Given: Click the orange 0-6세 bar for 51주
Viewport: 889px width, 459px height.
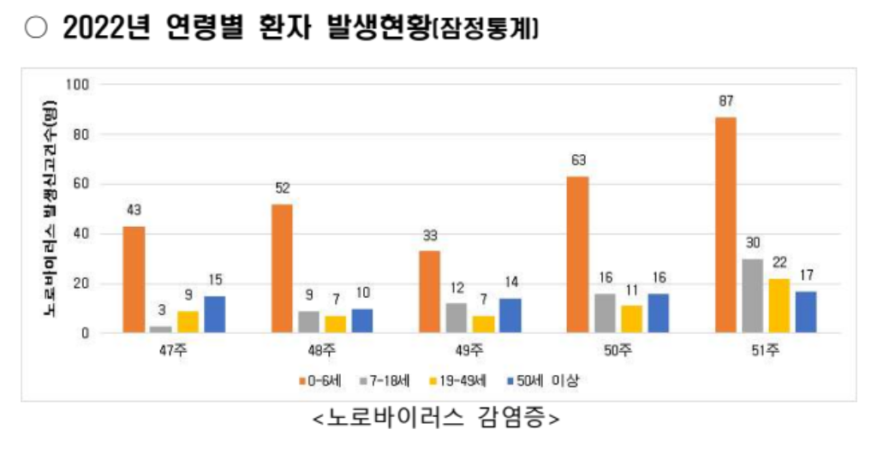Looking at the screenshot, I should point(725,224).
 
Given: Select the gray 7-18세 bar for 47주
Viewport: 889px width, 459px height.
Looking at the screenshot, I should point(160,329).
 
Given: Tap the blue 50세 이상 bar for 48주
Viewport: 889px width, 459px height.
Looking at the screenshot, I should point(362,320).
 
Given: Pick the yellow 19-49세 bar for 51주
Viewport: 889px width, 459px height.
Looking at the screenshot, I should point(779,305).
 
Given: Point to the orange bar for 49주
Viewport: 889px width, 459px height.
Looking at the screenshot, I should point(429,291).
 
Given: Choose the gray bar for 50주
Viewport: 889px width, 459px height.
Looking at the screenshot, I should point(604,313).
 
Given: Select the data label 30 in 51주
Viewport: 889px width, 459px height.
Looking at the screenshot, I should point(752,243).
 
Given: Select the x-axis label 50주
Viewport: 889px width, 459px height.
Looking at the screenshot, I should point(618,349).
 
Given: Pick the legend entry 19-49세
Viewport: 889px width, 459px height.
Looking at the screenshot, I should point(461,380).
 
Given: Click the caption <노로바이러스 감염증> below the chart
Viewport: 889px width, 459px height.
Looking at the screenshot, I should point(438,420).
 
